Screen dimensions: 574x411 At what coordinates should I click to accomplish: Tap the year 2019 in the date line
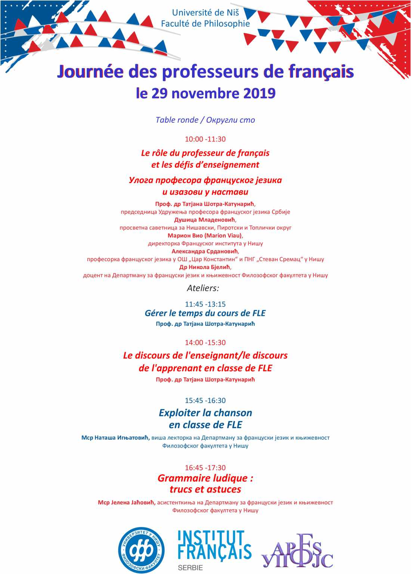coord(259,93)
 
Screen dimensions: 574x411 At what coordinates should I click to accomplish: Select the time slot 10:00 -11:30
coord(205,139)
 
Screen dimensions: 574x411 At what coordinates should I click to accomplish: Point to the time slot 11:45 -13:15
coord(205,304)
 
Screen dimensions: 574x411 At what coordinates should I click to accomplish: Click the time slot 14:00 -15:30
coord(205,342)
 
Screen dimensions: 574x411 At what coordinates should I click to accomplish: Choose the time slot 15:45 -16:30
coord(205,400)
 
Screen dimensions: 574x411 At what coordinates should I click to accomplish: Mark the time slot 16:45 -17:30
coord(205,468)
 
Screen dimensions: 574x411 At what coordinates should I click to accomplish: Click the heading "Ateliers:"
coord(203,288)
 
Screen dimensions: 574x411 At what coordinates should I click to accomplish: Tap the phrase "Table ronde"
coord(177,120)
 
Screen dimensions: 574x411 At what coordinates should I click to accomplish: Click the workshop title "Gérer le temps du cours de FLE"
coord(205,313)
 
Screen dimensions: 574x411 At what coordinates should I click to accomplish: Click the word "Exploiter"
coord(179,413)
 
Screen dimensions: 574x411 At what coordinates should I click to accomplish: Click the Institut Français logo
coord(214,545)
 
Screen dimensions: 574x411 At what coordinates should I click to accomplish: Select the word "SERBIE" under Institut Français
coord(191,568)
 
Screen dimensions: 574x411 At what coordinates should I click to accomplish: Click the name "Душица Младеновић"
coord(205,220)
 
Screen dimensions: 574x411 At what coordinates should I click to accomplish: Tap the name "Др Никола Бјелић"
coord(205,267)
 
